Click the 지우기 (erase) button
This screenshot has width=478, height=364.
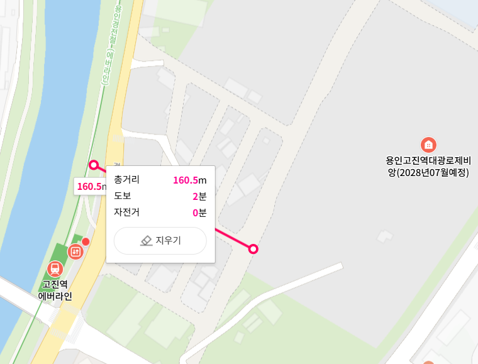[x=160, y=241]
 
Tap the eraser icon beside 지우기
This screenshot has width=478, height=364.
[x=146, y=241]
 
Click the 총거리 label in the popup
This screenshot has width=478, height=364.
[x=126, y=180]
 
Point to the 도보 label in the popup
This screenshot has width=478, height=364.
[x=122, y=196]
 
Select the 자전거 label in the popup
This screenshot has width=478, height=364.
[x=126, y=212]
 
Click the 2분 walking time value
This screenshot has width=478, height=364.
[x=199, y=196]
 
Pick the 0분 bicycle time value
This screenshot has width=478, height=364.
[x=199, y=212]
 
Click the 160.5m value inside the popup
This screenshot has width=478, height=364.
[x=189, y=180]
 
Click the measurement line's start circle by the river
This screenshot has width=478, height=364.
[x=94, y=165]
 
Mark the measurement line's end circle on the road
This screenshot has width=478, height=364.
[x=253, y=249]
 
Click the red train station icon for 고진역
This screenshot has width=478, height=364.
[x=55, y=268]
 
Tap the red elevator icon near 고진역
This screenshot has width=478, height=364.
[x=75, y=251]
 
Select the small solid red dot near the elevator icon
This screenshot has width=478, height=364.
[x=86, y=241]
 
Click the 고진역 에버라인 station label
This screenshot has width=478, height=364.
[x=55, y=290]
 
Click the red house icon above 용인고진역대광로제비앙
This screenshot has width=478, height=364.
[x=428, y=144]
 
